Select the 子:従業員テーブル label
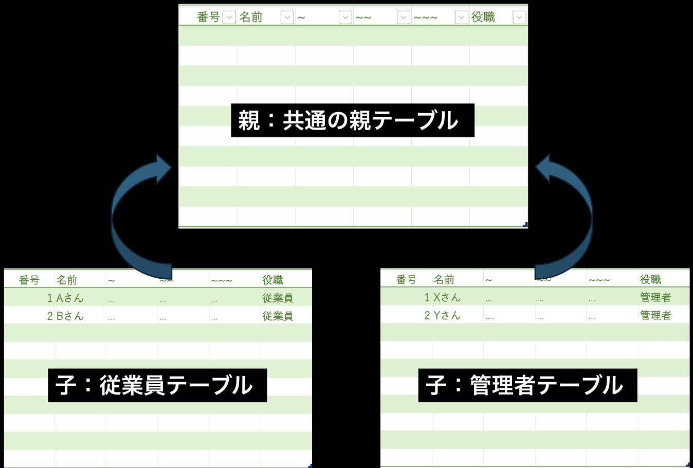click(157, 385)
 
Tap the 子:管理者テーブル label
click(527, 385)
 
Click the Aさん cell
click(70, 298)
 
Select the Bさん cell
click(70, 316)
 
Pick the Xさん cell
click(447, 297)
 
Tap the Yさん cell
click(447, 315)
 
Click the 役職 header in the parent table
click(483, 17)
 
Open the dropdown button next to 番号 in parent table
click(229, 17)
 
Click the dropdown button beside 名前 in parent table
click(287, 17)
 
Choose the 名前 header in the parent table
click(251, 17)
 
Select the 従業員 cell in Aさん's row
click(278, 298)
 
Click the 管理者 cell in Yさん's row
click(655, 315)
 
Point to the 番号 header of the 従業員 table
click(29, 280)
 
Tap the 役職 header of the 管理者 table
click(650, 279)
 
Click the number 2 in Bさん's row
click(50, 316)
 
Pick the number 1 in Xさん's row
click(427, 297)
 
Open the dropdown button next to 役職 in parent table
click(519, 17)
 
